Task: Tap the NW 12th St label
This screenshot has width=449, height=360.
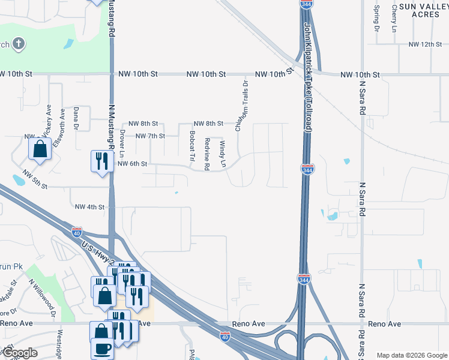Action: tap(424, 44)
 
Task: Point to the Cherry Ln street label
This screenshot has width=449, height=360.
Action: tap(394, 19)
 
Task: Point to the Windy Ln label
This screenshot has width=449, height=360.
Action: tap(223, 154)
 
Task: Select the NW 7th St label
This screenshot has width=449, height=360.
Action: tap(150, 136)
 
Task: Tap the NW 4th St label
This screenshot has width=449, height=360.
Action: tap(90, 207)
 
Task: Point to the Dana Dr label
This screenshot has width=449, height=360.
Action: tap(76, 118)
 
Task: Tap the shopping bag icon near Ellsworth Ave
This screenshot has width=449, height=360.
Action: tap(40, 149)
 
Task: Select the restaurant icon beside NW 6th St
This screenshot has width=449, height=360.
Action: tap(101, 161)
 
